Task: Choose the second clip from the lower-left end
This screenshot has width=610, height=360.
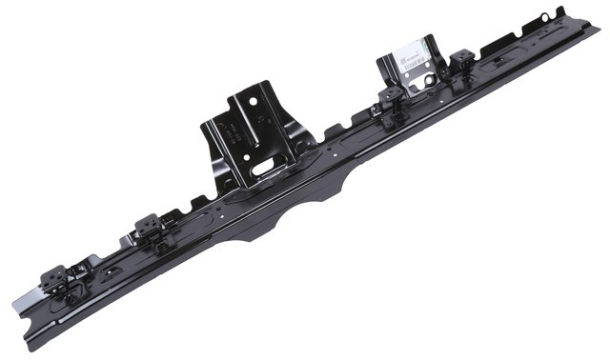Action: click(148, 227)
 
